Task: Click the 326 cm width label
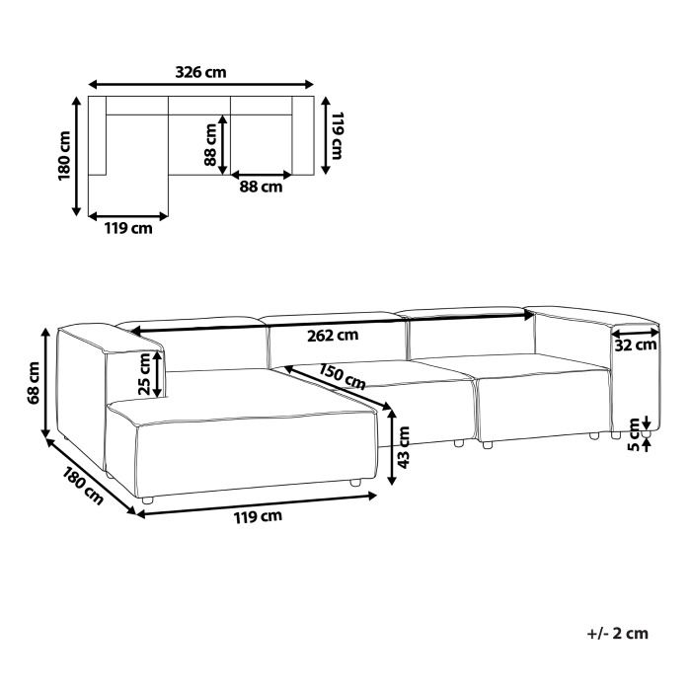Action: [x=201, y=71]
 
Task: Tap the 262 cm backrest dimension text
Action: [x=333, y=335]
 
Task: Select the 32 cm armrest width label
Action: [x=636, y=345]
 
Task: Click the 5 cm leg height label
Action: [x=633, y=435]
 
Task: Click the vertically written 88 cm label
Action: [x=209, y=145]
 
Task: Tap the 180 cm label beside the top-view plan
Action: [x=64, y=155]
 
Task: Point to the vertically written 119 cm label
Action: [x=337, y=136]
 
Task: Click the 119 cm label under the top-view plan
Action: [x=128, y=229]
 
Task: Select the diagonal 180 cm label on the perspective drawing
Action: [x=83, y=484]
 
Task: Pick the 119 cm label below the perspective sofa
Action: [x=256, y=515]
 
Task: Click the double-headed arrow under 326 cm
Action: [x=201, y=84]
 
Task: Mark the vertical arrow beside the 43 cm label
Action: [x=394, y=448]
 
